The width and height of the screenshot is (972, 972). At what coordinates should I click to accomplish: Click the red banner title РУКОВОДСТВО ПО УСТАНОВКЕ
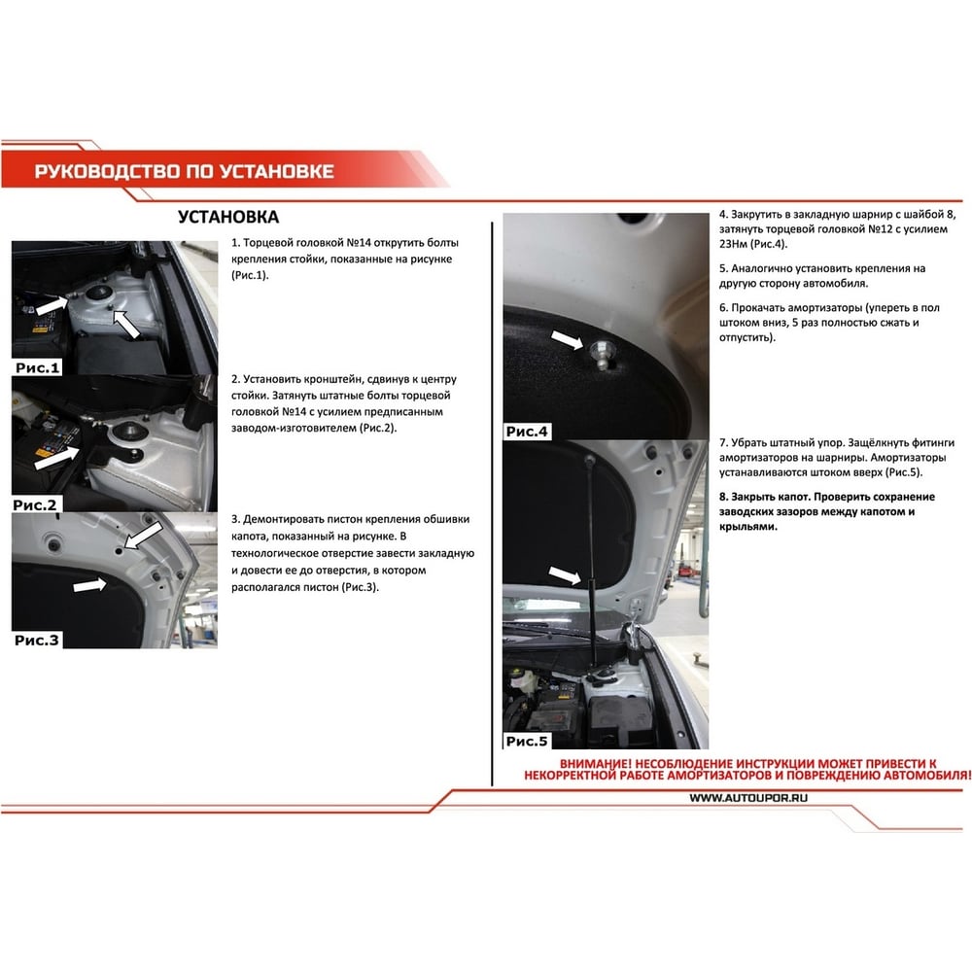[184, 171]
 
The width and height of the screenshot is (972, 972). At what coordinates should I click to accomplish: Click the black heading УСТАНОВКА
[228, 217]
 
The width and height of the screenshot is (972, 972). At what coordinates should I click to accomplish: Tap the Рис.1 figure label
[37, 367]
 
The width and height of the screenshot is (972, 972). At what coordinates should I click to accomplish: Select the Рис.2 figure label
[35, 504]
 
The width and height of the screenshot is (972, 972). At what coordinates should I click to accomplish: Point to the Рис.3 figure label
[37, 640]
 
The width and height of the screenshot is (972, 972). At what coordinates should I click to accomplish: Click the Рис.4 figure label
[527, 432]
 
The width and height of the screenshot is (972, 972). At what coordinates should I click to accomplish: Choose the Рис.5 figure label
[527, 741]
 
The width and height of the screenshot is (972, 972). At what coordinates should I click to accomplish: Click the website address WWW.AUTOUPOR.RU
[748, 798]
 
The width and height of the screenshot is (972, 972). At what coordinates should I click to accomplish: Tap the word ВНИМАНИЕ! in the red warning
[595, 764]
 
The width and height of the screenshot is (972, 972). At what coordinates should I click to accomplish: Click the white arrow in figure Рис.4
[567, 339]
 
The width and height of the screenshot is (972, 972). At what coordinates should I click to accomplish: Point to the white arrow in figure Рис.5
[565, 575]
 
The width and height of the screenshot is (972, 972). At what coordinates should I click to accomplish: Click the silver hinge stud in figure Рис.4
[601, 355]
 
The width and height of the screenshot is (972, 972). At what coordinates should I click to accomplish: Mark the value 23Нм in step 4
[733, 244]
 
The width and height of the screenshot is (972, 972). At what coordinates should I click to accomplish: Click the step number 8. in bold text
[723, 497]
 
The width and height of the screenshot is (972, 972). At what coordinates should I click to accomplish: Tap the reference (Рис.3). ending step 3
[360, 586]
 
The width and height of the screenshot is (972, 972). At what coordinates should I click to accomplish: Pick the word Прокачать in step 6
[759, 307]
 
